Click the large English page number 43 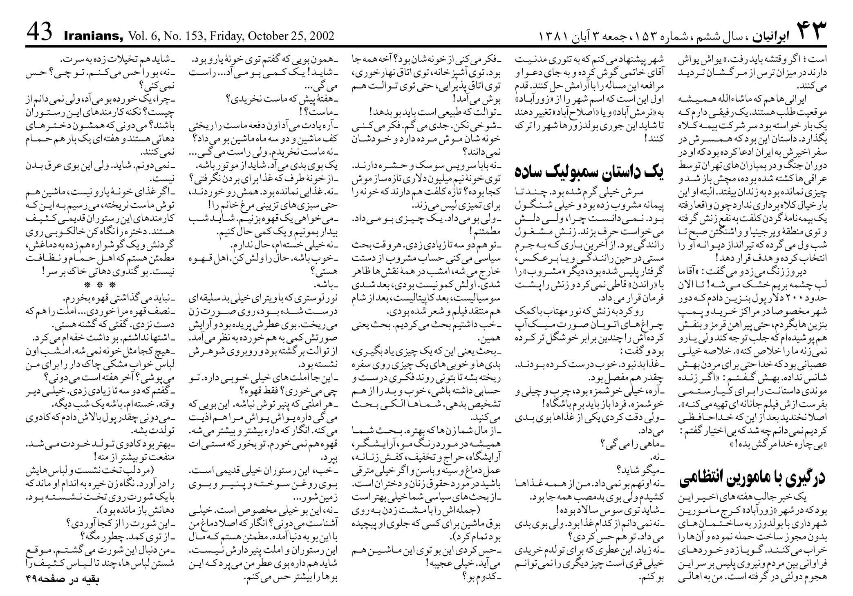pyautogui.click(x=40, y=32)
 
